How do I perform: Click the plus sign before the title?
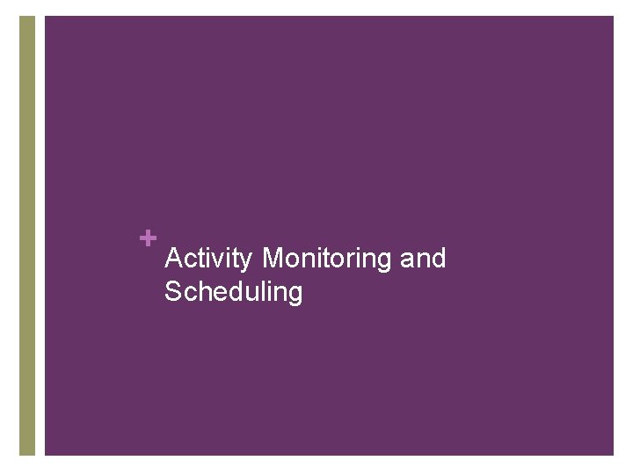click(x=148, y=237)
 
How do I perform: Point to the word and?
click(x=423, y=259)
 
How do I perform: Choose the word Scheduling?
click(x=233, y=292)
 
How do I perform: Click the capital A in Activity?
click(x=174, y=259)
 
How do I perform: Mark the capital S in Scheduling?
click(x=173, y=291)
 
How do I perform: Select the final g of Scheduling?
click(x=295, y=295)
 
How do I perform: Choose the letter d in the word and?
click(x=439, y=259)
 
